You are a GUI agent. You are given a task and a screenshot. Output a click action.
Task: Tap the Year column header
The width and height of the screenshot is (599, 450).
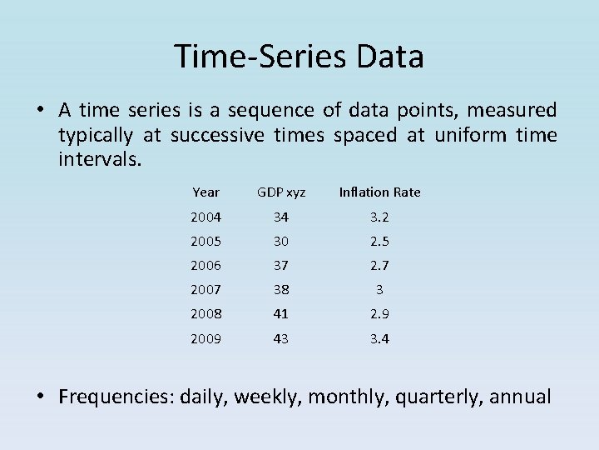click(205, 192)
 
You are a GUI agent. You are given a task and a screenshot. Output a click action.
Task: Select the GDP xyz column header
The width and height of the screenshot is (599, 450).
click(281, 192)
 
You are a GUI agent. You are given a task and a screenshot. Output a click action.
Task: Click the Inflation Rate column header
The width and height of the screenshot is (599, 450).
click(379, 192)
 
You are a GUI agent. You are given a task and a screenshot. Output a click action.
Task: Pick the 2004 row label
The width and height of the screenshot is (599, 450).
click(205, 217)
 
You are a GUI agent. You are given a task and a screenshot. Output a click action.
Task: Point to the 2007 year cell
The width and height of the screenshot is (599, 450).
click(205, 290)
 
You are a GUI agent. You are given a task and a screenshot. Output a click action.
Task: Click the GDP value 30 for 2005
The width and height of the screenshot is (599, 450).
click(281, 242)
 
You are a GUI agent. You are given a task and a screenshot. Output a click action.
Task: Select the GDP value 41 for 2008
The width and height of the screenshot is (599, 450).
click(281, 314)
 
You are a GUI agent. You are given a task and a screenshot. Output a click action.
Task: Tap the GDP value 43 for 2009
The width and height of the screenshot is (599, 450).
click(281, 339)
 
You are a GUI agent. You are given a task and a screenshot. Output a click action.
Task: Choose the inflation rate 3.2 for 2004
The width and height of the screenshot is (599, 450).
click(379, 217)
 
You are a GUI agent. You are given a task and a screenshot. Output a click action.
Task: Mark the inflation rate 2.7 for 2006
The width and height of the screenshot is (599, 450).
click(379, 266)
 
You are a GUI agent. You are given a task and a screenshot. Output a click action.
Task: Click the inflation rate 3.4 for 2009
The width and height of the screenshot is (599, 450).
click(379, 339)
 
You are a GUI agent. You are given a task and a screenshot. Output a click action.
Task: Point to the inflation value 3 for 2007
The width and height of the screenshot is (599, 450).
click(379, 290)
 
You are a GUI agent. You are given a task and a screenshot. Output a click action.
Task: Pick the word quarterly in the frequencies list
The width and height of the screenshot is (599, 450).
click(438, 397)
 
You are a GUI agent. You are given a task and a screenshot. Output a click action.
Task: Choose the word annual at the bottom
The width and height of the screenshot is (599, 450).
click(520, 397)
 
